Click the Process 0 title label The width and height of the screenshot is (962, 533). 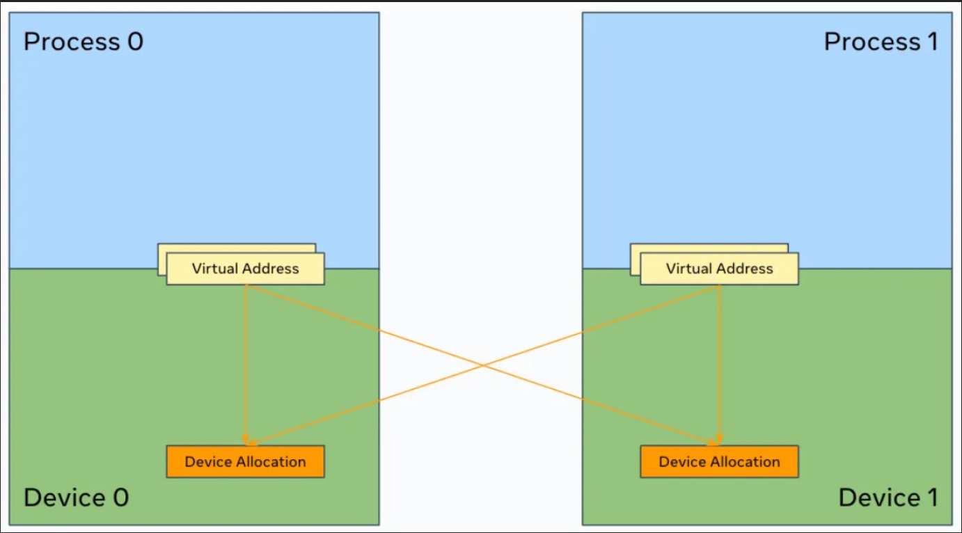tap(83, 42)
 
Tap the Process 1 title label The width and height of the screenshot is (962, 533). tap(881, 42)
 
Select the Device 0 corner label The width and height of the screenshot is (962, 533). tap(76, 498)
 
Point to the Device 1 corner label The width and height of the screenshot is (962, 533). tap(888, 498)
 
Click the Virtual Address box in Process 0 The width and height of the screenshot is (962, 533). tap(245, 269)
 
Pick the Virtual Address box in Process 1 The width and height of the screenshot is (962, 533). tap(719, 269)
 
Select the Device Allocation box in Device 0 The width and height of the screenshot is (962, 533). tap(245, 461)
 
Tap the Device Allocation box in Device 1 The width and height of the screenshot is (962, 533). tap(719, 461)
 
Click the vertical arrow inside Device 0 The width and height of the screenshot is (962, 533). tap(245, 362)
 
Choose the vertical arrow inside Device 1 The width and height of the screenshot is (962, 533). tap(719, 362)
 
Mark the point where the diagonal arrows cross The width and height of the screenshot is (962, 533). tap(482, 365)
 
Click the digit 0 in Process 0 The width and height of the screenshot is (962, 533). tap(134, 42)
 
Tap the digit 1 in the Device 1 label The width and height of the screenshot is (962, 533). tap(931, 498)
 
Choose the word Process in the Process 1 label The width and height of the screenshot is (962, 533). tap(872, 42)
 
